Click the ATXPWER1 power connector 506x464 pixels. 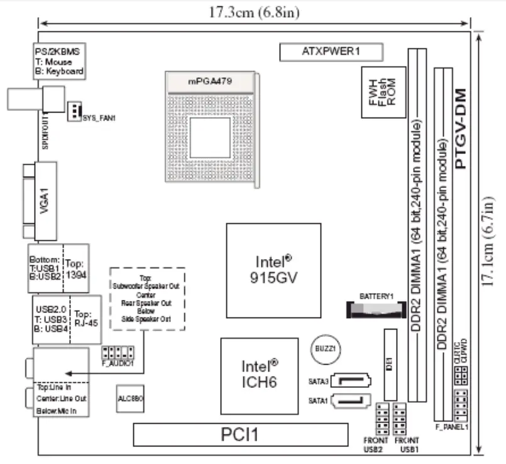click(x=322, y=52)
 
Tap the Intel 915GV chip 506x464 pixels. click(x=272, y=270)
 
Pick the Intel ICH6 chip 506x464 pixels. click(x=258, y=373)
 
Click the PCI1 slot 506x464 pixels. click(x=241, y=434)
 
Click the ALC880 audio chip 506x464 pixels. click(x=131, y=399)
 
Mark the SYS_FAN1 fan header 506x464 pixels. click(x=75, y=111)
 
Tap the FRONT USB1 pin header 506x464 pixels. click(x=400, y=414)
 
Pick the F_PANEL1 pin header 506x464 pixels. click(x=461, y=406)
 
